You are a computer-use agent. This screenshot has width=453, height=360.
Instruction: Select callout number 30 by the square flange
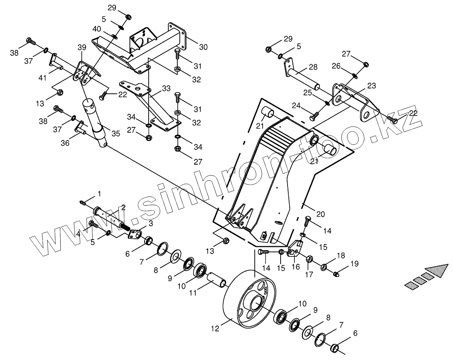click(x=204, y=47)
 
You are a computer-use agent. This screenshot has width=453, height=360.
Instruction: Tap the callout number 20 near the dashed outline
click(x=321, y=214)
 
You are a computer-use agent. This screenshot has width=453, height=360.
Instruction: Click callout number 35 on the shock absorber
click(x=116, y=134)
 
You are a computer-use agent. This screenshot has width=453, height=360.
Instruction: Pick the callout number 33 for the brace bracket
click(x=166, y=88)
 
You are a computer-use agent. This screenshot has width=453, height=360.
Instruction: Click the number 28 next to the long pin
click(x=313, y=67)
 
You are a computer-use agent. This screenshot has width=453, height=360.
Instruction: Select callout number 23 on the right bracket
click(x=371, y=86)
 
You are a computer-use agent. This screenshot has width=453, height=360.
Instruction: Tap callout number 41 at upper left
click(x=43, y=78)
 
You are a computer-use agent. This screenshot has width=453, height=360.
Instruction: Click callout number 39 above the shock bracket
click(x=82, y=47)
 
